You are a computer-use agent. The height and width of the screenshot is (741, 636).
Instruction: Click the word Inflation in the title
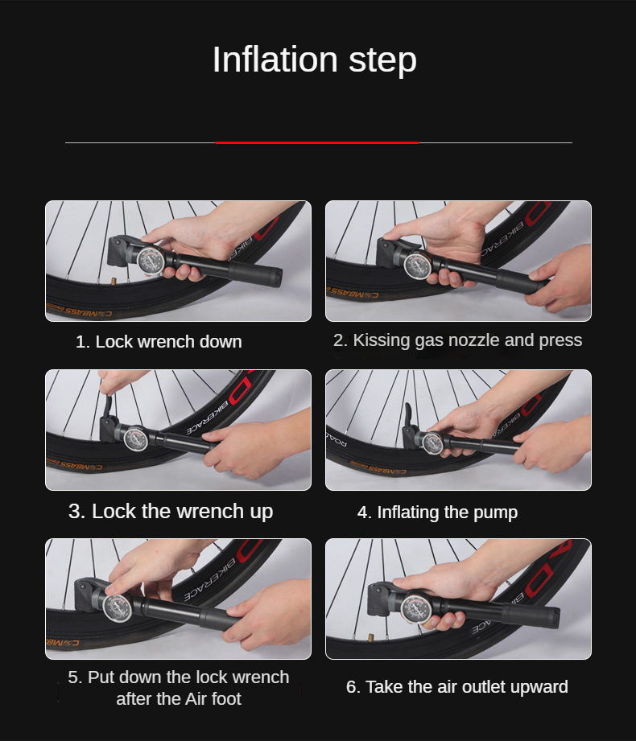[x=275, y=60]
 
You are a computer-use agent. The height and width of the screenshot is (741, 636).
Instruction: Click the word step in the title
[x=382, y=61]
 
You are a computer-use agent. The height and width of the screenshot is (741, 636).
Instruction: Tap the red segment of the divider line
[x=317, y=142]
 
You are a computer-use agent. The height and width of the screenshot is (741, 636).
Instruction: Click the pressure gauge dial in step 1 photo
[x=151, y=261]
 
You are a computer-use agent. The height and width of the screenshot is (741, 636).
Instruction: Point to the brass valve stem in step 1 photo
[x=114, y=282]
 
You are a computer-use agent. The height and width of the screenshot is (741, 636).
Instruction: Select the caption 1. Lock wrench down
[x=159, y=341]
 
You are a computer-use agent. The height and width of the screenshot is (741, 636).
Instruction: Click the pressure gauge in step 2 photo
[x=418, y=266]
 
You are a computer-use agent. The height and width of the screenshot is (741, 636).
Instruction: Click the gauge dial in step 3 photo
[x=135, y=438]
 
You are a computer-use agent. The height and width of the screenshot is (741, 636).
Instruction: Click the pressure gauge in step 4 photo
[x=432, y=444]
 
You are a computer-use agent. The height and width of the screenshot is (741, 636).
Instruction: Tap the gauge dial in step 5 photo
[x=118, y=607]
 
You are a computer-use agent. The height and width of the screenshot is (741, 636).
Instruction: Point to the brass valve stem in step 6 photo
[x=370, y=639]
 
